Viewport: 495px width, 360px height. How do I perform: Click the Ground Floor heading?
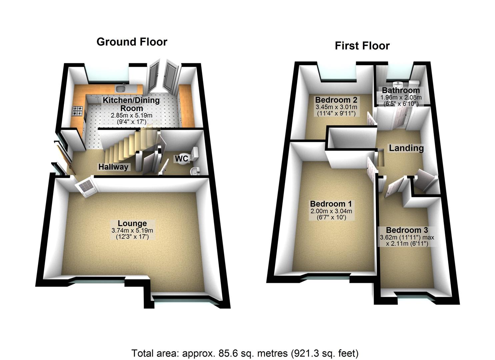click(x=132, y=42)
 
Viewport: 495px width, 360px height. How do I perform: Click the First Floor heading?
click(x=362, y=46)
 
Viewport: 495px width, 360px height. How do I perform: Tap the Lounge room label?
click(x=132, y=223)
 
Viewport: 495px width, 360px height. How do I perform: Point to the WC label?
click(x=182, y=159)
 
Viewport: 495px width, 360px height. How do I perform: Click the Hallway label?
click(x=113, y=167)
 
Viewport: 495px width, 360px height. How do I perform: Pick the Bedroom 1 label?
click(x=331, y=204)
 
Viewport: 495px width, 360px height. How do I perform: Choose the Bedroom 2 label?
click(x=336, y=100)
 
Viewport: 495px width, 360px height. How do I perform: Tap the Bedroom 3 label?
click(x=407, y=230)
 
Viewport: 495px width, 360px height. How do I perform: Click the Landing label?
click(x=406, y=148)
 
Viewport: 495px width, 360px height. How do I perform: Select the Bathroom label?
click(x=401, y=90)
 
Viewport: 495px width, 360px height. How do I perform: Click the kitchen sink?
click(x=120, y=89)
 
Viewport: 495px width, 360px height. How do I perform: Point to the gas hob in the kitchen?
click(x=77, y=111)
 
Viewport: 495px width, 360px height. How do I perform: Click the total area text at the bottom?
click(x=245, y=353)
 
